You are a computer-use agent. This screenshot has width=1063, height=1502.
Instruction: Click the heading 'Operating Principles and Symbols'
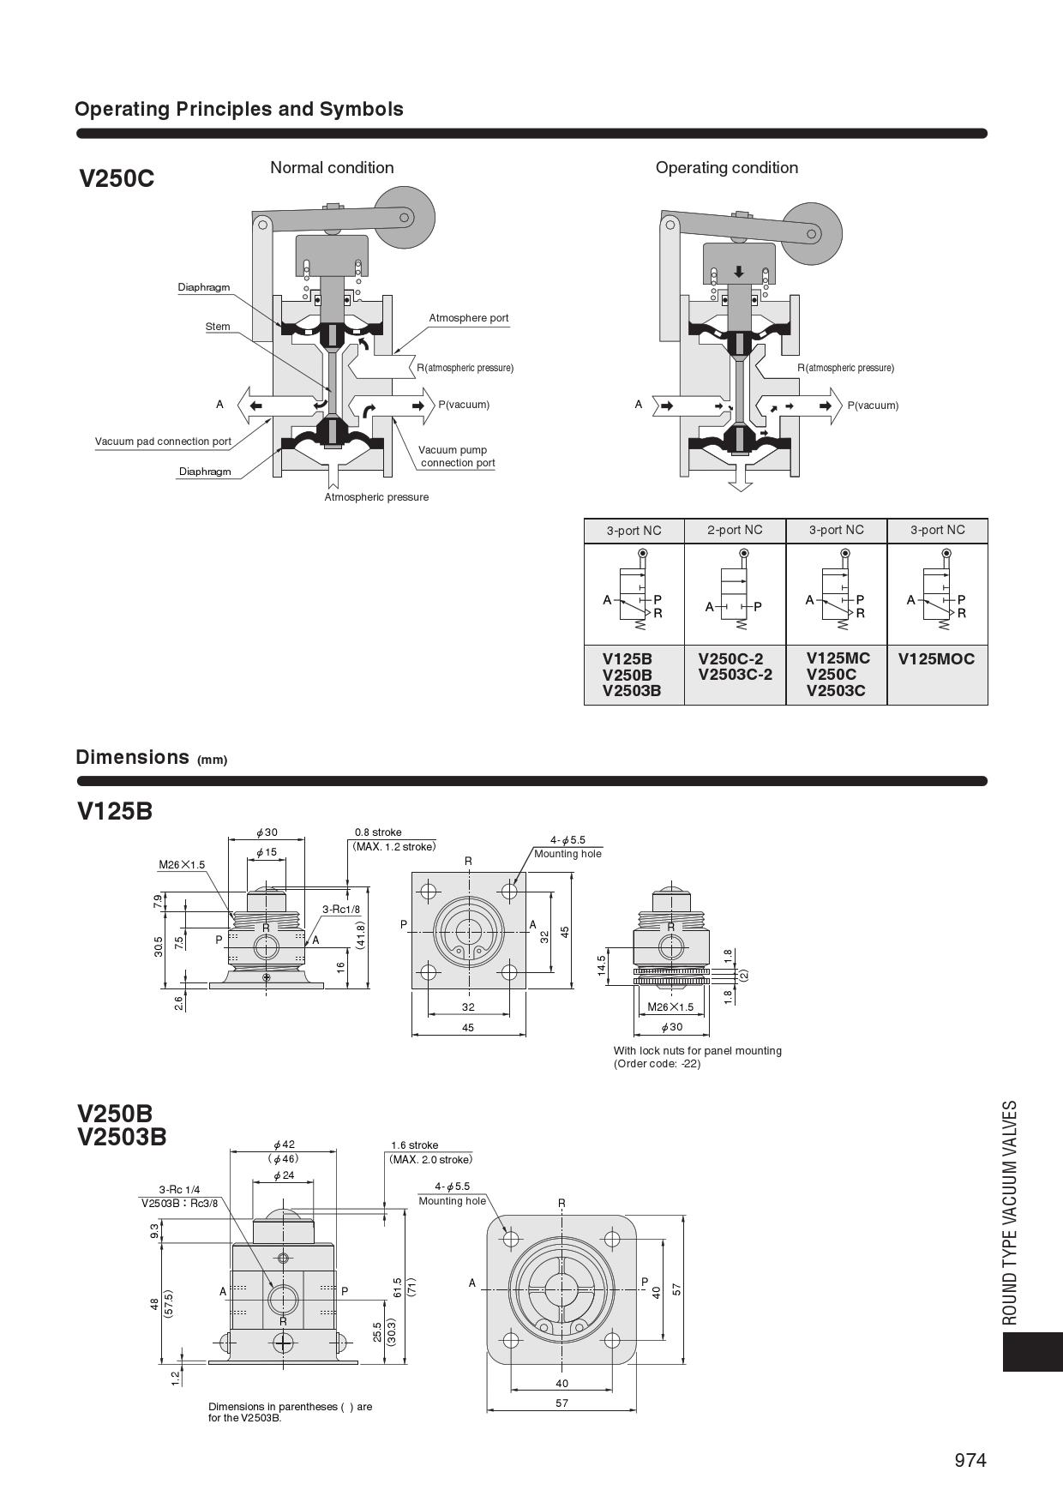(238, 110)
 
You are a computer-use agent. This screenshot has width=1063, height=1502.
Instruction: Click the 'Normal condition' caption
(332, 168)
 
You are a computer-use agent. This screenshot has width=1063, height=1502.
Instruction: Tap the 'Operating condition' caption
(726, 168)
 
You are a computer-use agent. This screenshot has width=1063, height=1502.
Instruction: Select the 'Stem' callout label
(218, 327)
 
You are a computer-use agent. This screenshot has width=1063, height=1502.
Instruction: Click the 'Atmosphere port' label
(468, 318)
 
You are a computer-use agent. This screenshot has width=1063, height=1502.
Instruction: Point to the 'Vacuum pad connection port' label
(163, 442)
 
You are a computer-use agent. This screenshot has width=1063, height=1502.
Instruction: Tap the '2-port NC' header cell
(735, 530)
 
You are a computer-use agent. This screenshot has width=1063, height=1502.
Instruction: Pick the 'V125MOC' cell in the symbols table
(936, 659)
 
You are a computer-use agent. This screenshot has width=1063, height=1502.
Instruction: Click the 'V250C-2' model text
(730, 659)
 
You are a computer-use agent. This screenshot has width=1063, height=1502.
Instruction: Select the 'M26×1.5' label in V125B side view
(182, 864)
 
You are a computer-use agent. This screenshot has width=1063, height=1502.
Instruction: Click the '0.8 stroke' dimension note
(378, 832)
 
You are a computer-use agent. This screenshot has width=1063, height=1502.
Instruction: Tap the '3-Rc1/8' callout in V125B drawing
(341, 909)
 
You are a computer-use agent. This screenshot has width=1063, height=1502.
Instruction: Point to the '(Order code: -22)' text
(657, 1064)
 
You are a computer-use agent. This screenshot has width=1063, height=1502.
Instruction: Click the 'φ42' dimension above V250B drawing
(284, 1145)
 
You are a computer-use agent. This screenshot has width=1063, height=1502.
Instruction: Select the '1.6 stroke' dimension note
(414, 1145)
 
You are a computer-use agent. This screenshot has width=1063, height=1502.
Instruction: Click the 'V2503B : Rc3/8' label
(180, 1203)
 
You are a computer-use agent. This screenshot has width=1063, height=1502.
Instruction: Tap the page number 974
(970, 1460)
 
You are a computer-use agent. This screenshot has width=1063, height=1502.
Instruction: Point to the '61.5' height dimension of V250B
(397, 1287)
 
